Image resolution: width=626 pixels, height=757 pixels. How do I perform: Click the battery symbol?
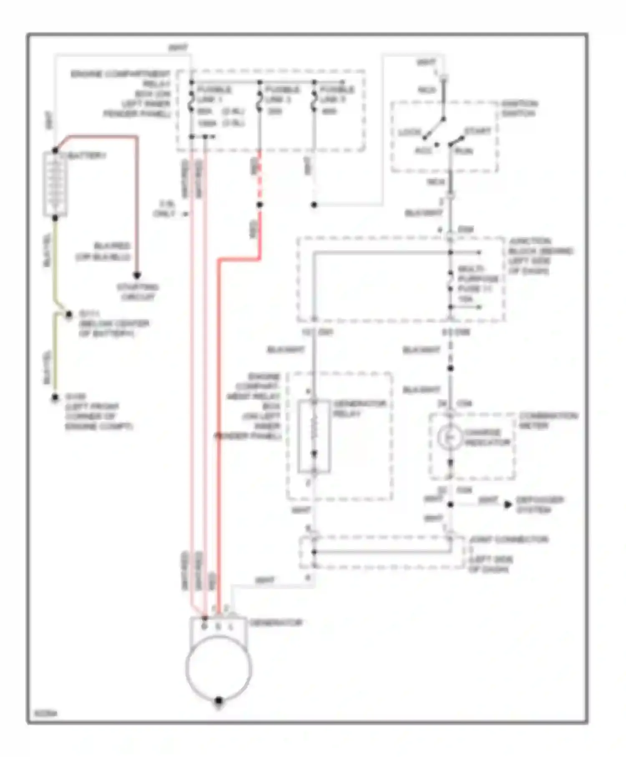click(x=55, y=184)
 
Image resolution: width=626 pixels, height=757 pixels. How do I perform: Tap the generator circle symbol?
click(x=218, y=668)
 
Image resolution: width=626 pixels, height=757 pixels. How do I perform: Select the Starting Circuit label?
click(x=137, y=292)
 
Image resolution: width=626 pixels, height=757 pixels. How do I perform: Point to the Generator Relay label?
click(x=359, y=409)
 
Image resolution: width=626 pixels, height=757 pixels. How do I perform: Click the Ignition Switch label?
click(x=519, y=108)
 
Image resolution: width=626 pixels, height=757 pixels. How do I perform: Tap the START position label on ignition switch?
click(x=477, y=131)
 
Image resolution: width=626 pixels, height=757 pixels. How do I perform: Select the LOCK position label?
click(x=410, y=132)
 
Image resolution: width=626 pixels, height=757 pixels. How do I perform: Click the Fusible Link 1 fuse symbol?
click(x=192, y=100)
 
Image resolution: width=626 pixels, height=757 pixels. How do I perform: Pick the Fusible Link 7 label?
click(x=337, y=95)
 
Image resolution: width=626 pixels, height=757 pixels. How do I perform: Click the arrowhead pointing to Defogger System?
click(x=508, y=505)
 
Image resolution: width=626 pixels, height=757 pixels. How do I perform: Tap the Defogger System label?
click(x=539, y=505)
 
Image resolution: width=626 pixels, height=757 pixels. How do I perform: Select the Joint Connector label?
click(x=508, y=540)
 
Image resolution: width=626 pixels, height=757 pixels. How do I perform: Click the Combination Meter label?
click(x=548, y=421)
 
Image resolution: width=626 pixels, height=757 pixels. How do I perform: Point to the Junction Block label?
click(x=540, y=256)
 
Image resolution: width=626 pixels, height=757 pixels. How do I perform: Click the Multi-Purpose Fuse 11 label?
click(x=478, y=283)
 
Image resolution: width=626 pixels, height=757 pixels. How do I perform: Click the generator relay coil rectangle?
click(x=314, y=437)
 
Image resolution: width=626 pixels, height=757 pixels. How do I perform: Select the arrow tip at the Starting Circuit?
click(x=137, y=275)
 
